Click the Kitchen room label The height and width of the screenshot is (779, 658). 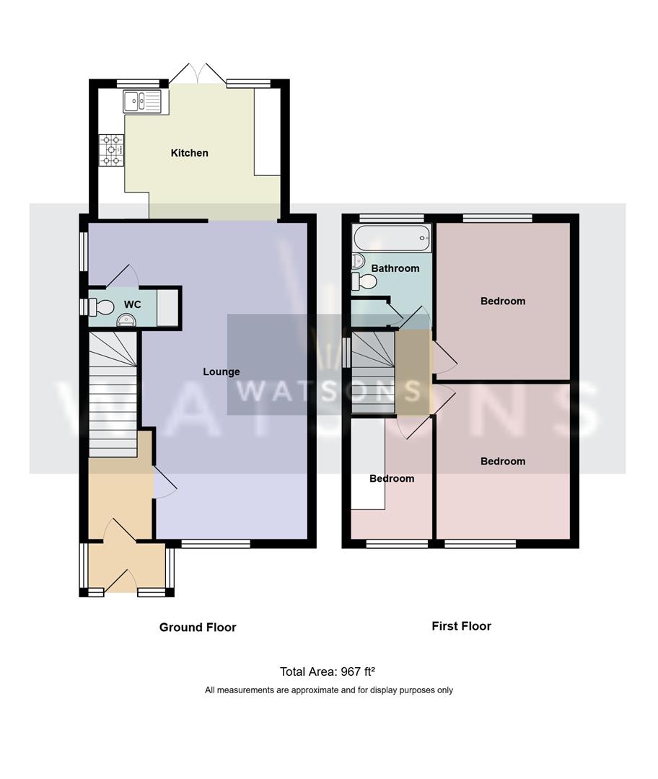[x=189, y=153]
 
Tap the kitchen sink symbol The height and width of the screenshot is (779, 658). [x=144, y=102]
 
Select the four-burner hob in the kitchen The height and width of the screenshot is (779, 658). [x=111, y=150]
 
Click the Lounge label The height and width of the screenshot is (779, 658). [x=221, y=371]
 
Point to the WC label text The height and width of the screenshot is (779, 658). [x=132, y=304]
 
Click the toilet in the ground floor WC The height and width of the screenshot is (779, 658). [x=100, y=307]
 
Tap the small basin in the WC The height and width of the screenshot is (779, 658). [x=126, y=321]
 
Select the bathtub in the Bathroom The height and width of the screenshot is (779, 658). [x=391, y=238]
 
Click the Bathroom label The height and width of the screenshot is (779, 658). [x=395, y=268]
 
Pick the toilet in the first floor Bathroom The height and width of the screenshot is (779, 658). [x=364, y=281]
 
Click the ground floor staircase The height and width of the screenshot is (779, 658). [x=113, y=393]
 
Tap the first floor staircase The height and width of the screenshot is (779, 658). [x=373, y=373]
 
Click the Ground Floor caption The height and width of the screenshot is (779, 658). [x=198, y=628]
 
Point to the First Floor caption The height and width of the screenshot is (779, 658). [x=461, y=626]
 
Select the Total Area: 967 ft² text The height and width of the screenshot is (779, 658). [x=328, y=672]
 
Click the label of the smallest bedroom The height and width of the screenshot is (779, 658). [x=392, y=478]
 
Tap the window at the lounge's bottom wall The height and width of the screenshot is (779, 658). [x=215, y=544]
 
